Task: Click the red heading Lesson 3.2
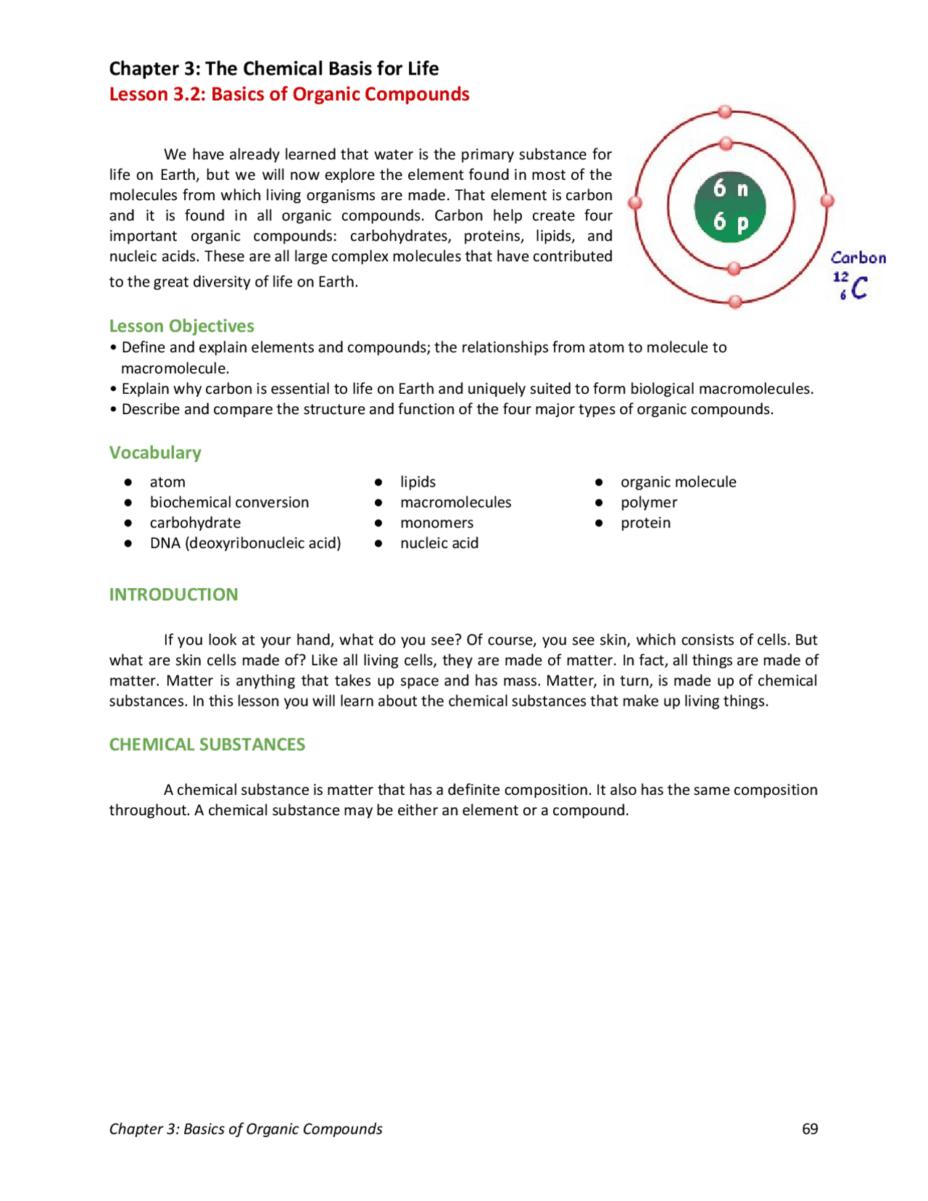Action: [x=289, y=94]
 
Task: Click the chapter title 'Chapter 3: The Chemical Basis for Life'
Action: [x=273, y=68]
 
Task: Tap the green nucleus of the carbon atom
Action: [x=730, y=207]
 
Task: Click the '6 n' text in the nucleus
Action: [x=730, y=189]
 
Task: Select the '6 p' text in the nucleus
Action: [x=730, y=221]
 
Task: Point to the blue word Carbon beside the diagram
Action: [x=858, y=258]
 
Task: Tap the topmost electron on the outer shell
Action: [x=725, y=112]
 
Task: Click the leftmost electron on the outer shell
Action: [x=635, y=203]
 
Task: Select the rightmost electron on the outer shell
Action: [x=827, y=201]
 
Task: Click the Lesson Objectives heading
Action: [x=181, y=326]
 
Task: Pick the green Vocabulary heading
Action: [x=155, y=453]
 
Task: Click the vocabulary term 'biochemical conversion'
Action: [x=229, y=502]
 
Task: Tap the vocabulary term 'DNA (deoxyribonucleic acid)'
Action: [x=245, y=542]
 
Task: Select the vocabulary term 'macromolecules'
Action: [x=455, y=502]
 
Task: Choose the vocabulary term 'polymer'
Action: [x=648, y=502]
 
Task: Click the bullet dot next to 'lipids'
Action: [x=378, y=482]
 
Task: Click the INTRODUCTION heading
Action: [x=173, y=595]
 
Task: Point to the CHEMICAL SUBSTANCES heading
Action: [x=207, y=745]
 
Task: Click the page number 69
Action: [x=809, y=1128]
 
